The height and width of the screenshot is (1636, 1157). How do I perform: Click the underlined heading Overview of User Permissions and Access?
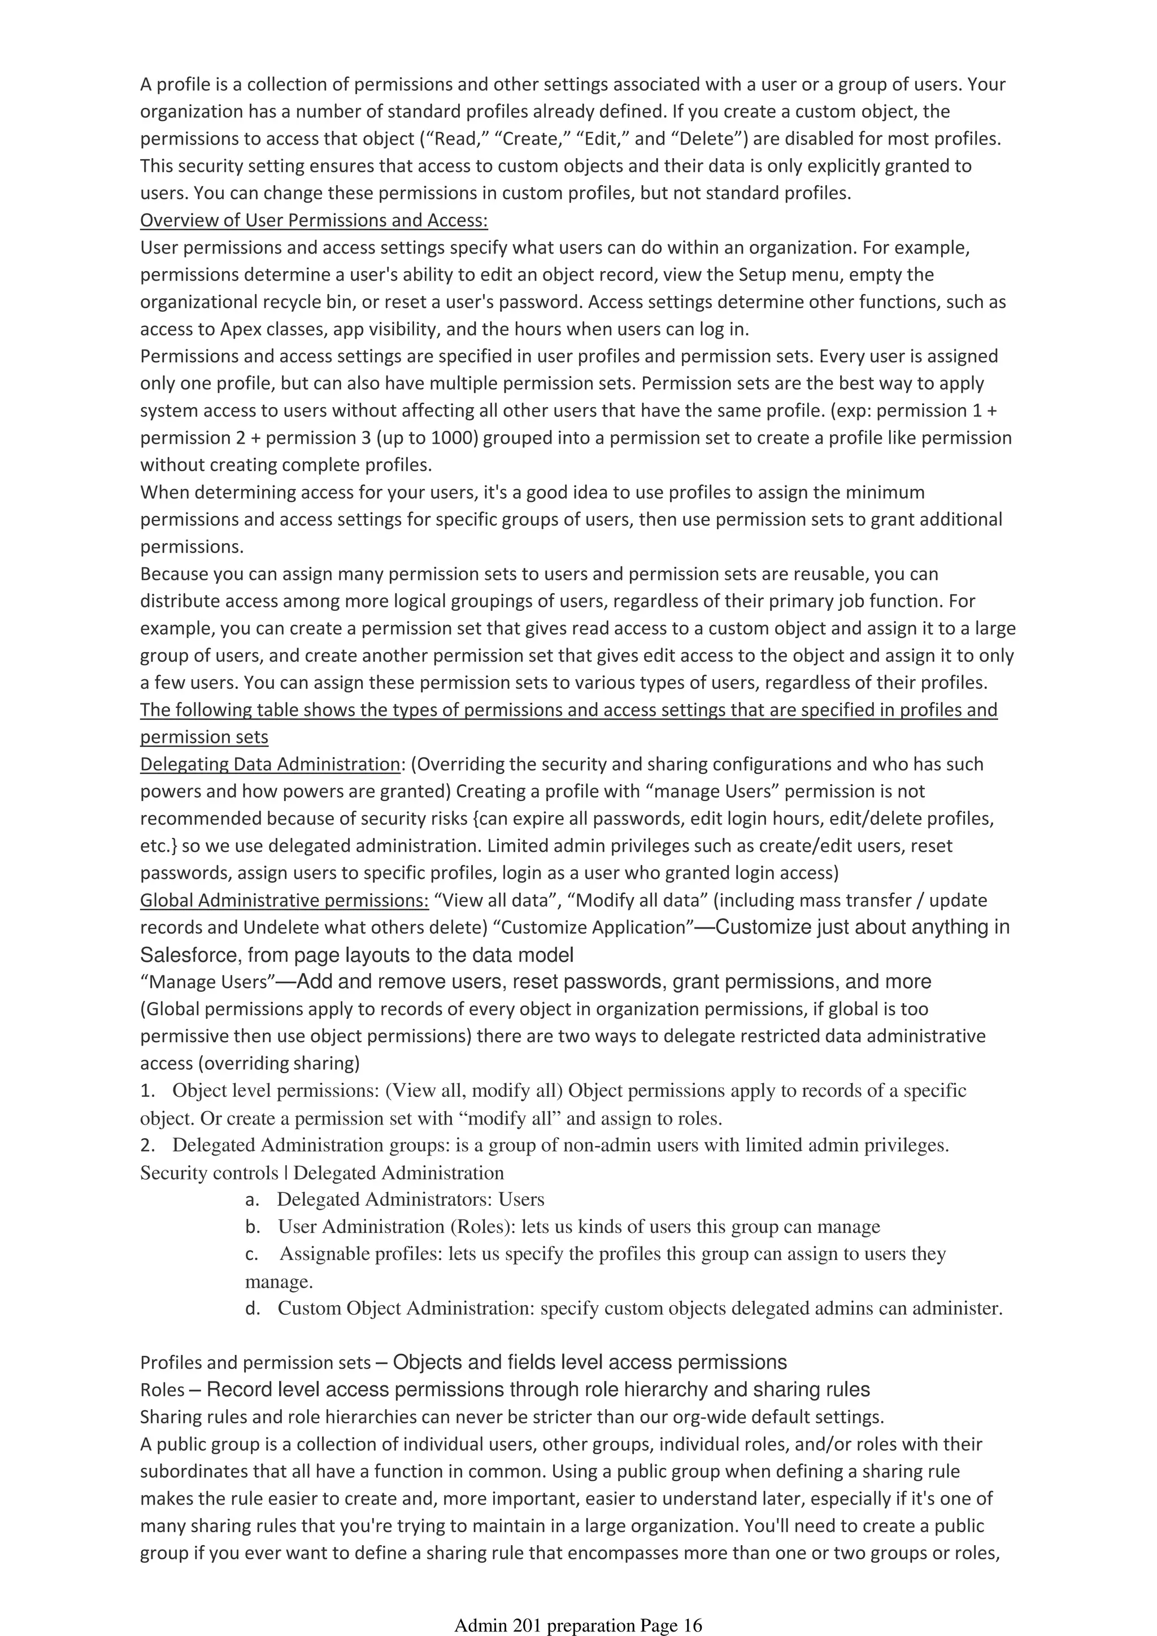(314, 220)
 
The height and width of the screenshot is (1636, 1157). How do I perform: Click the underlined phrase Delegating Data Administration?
(270, 764)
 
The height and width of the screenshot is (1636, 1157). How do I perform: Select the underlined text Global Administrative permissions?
(284, 900)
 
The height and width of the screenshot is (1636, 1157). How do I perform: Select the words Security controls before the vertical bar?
(209, 1173)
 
